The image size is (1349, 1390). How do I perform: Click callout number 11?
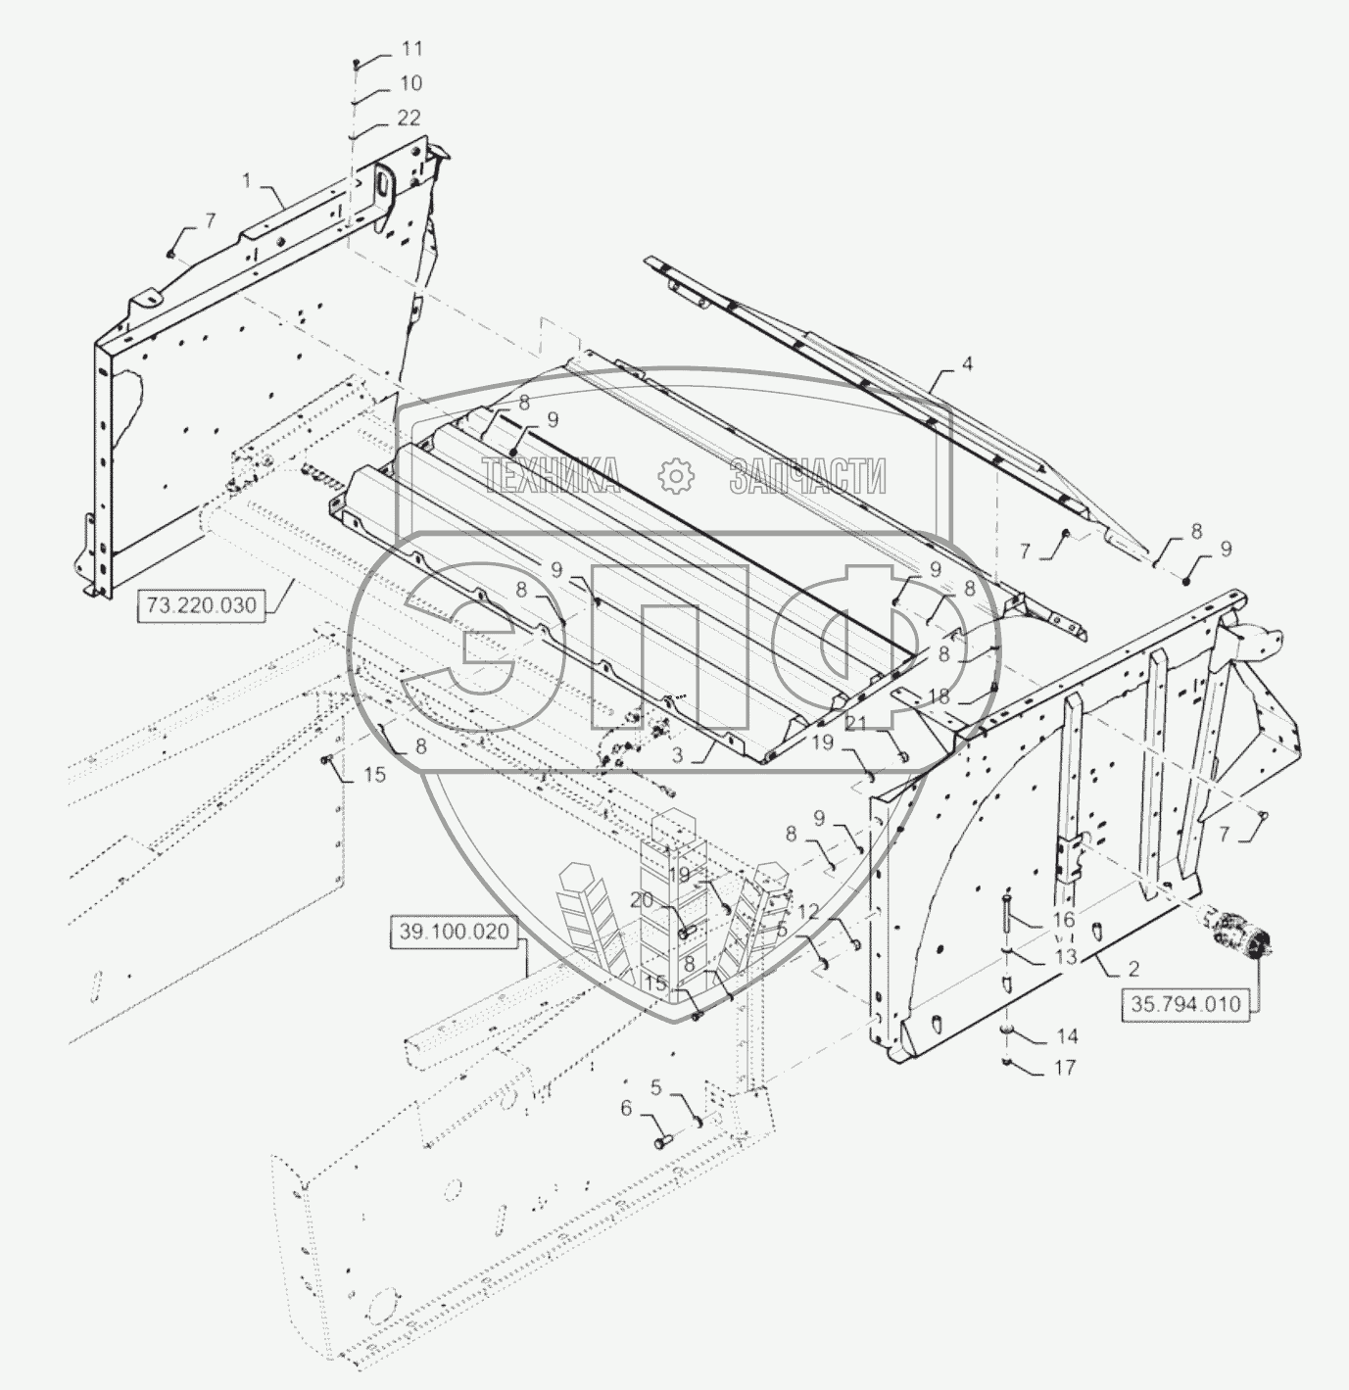[x=410, y=49]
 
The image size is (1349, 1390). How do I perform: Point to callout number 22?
[x=409, y=118]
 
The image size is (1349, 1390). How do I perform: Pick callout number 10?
[x=410, y=83]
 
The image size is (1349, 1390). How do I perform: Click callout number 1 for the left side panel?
[x=247, y=181]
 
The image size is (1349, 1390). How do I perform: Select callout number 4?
[x=967, y=363]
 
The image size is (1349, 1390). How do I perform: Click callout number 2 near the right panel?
[x=1132, y=969]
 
